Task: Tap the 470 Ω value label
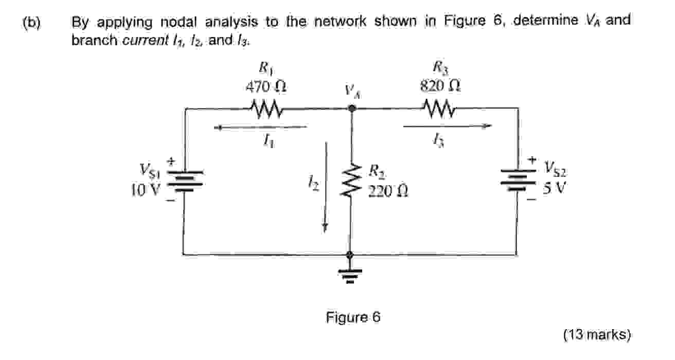[265, 86]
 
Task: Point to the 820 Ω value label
[440, 86]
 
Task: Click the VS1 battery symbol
[185, 181]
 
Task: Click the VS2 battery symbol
[518, 181]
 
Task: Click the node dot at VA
[351, 109]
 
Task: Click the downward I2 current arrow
[325, 188]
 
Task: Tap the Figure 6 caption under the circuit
[353, 317]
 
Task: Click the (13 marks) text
[597, 335]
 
